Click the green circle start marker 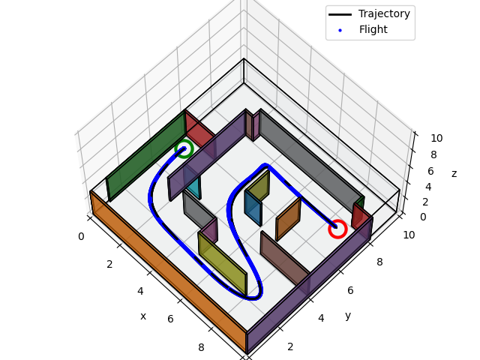click(x=184, y=148)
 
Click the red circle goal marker click(x=337, y=229)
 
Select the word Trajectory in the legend click(x=384, y=13)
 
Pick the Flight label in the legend click(x=373, y=29)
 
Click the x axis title click(x=142, y=316)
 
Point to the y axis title click(x=348, y=315)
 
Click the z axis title click(x=454, y=173)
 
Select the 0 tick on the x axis click(x=81, y=236)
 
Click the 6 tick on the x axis click(x=170, y=319)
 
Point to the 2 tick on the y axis click(x=290, y=346)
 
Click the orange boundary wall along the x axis click(x=165, y=270)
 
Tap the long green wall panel click(x=146, y=156)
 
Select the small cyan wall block click(x=193, y=184)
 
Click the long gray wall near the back click(x=307, y=157)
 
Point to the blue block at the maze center click(x=253, y=208)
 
